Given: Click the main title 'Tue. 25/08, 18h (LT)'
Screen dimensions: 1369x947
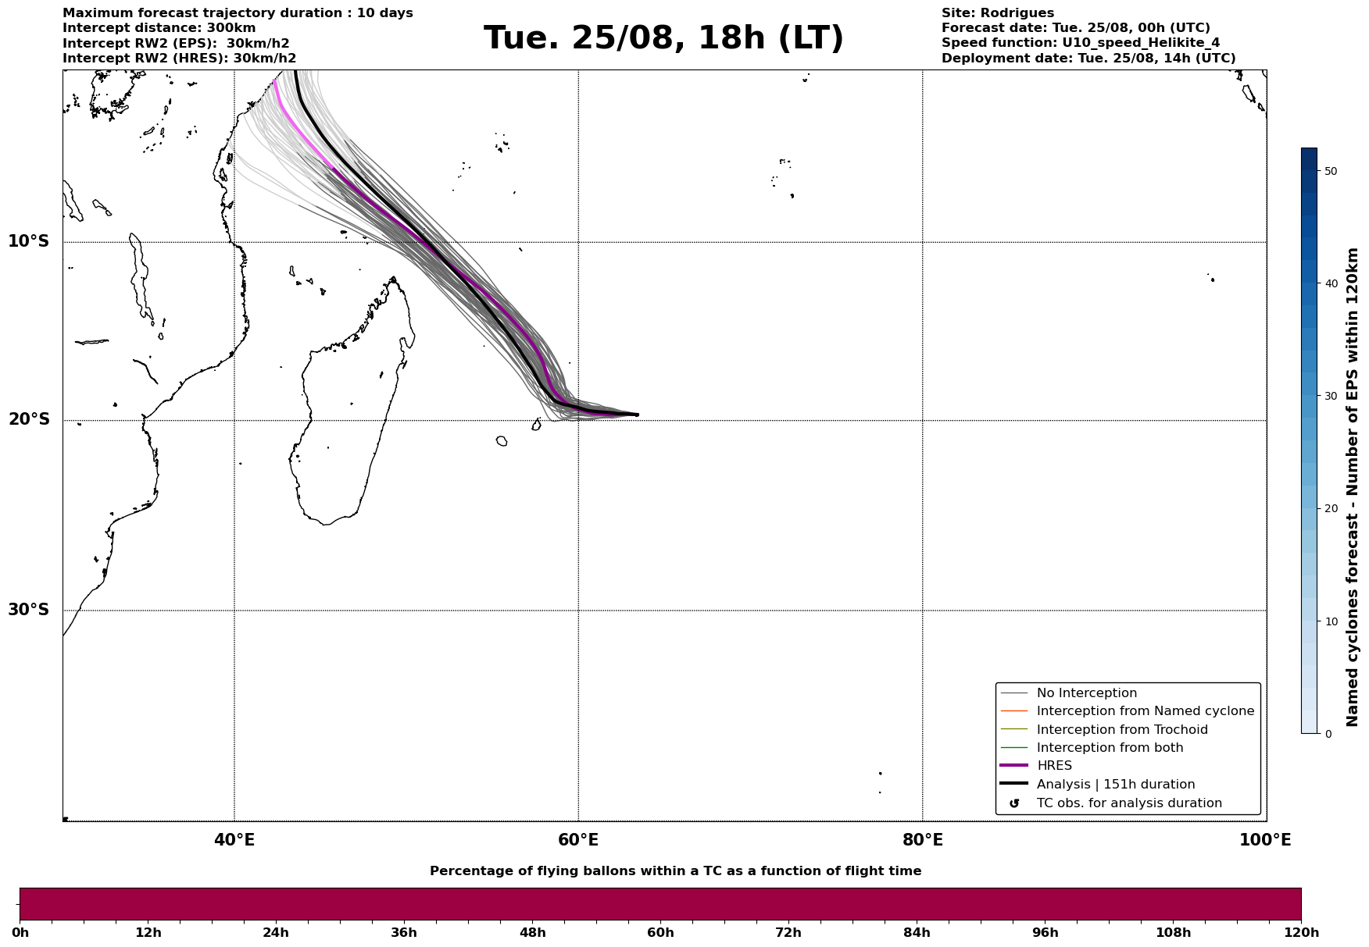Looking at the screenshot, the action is pyautogui.click(x=663, y=38).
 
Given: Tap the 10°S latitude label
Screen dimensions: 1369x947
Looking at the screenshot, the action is pyautogui.click(x=29, y=241).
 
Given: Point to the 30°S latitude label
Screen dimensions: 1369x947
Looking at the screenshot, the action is pyautogui.click(x=29, y=610).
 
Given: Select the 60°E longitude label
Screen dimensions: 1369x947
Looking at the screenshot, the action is pyautogui.click(x=578, y=840).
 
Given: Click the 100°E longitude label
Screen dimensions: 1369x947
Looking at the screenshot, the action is pyautogui.click(x=1265, y=840).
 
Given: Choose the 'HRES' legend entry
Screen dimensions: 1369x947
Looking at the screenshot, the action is pyautogui.click(x=1054, y=766).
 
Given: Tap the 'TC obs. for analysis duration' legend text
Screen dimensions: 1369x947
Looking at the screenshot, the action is pyautogui.click(x=1129, y=803).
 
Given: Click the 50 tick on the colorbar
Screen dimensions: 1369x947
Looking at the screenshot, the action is pyautogui.click(x=1331, y=171).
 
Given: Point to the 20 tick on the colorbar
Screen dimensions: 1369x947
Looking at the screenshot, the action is pyautogui.click(x=1331, y=509).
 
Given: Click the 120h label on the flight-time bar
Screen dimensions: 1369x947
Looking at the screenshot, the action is pyautogui.click(x=1301, y=933).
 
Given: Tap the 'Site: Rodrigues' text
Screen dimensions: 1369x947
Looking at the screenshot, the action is pyautogui.click(x=998, y=13).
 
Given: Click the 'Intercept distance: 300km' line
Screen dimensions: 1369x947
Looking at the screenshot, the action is pyautogui.click(x=159, y=28).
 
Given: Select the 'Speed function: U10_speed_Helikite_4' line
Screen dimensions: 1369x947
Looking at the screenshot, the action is pyautogui.click(x=1081, y=43).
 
